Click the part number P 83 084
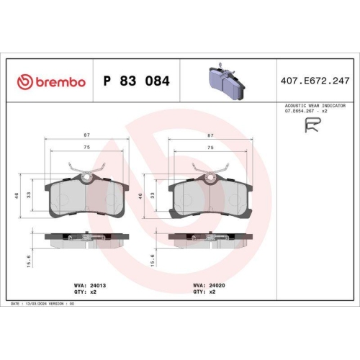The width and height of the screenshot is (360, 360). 137,81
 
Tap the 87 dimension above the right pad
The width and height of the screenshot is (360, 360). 210,135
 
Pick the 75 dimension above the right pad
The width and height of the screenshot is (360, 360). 210,147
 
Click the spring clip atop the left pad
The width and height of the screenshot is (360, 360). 86,170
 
